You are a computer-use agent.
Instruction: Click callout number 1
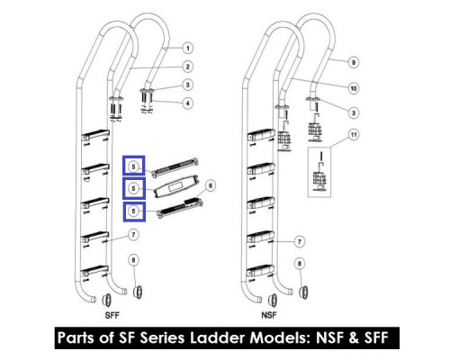(188, 48)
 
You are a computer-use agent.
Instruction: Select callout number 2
(188, 67)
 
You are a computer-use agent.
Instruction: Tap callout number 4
(188, 103)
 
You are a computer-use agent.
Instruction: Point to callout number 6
(211, 185)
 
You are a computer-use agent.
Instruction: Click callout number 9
(354, 62)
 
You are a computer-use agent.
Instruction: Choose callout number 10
(354, 88)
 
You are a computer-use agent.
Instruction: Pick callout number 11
(354, 135)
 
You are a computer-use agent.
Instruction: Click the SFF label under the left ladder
(112, 315)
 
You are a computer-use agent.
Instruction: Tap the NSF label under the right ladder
(269, 315)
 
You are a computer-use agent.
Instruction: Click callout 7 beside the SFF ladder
(133, 235)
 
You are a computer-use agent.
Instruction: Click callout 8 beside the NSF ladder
(299, 264)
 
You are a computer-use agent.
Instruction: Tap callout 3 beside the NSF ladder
(354, 112)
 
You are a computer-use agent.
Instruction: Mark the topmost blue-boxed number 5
(133, 166)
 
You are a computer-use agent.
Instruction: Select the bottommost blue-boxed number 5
(133, 211)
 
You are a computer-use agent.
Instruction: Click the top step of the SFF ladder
(95, 135)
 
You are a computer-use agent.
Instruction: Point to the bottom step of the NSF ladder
(260, 271)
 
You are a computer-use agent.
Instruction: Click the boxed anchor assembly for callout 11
(319, 172)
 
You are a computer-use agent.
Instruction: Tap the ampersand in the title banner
(354, 337)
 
